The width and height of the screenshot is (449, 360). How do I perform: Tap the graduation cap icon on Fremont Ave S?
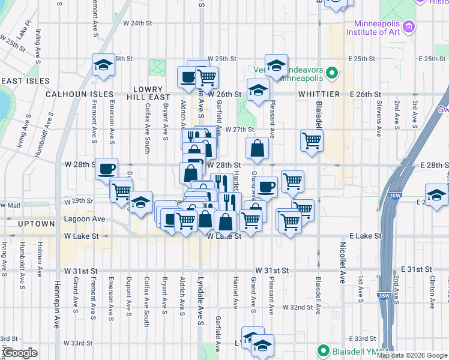coord(103,65)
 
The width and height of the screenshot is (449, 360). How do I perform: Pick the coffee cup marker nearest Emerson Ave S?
coord(106,169)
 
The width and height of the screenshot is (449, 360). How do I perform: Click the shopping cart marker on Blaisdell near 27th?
coord(312,141)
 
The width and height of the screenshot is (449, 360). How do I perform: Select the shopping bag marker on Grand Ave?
coord(257,149)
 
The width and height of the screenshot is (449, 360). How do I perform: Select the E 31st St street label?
coord(420,271)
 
